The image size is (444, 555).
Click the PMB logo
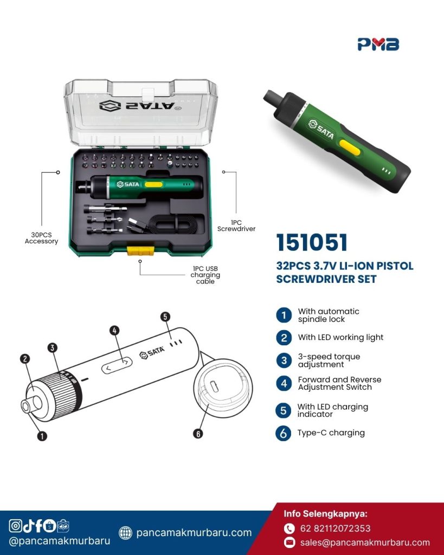click(x=378, y=44)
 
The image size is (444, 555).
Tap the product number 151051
click(x=312, y=242)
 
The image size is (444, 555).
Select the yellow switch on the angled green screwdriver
click(x=350, y=147)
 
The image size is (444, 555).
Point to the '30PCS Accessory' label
click(x=41, y=238)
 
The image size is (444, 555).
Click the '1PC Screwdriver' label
click(x=236, y=225)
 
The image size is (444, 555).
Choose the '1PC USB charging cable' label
click(x=205, y=275)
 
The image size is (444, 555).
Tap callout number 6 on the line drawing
click(x=198, y=434)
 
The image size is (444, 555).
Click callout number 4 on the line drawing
click(x=114, y=331)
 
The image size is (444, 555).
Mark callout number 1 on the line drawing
click(x=42, y=436)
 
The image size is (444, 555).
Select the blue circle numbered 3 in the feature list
click(x=284, y=360)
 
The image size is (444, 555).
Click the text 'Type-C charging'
click(x=331, y=433)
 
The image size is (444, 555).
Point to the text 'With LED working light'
click(x=340, y=337)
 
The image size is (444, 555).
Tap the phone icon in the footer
click(x=289, y=528)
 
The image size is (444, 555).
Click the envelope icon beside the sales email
click(x=289, y=542)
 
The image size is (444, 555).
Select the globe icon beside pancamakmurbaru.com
click(x=125, y=532)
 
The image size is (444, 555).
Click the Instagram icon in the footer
click(x=15, y=526)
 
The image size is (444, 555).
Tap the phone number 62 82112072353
click(x=335, y=528)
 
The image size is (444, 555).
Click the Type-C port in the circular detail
click(x=214, y=386)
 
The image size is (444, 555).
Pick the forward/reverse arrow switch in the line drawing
click(x=117, y=365)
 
